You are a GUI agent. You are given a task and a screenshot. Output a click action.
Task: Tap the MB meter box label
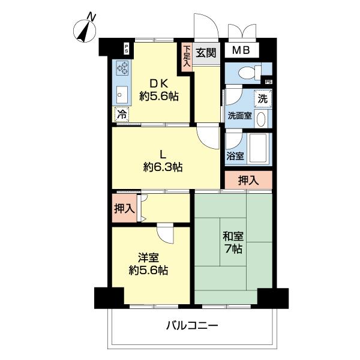coord(241,52)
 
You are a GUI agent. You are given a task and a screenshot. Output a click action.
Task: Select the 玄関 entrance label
coord(206,52)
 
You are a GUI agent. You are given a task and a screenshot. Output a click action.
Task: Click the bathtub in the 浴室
coord(259,148)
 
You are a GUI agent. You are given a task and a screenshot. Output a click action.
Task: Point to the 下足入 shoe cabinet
coord(187,56)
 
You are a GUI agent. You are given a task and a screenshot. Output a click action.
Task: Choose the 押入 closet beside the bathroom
coord(248,179)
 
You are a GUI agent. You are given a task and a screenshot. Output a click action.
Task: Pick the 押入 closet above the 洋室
coord(124,209)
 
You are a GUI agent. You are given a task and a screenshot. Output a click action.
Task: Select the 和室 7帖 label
coord(232,241)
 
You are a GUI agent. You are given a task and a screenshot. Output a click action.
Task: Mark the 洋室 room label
coord(148,257)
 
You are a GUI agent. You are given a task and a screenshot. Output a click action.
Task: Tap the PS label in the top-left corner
coord(126,49)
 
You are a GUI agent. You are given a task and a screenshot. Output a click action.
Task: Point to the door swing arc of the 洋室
coord(164,232)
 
